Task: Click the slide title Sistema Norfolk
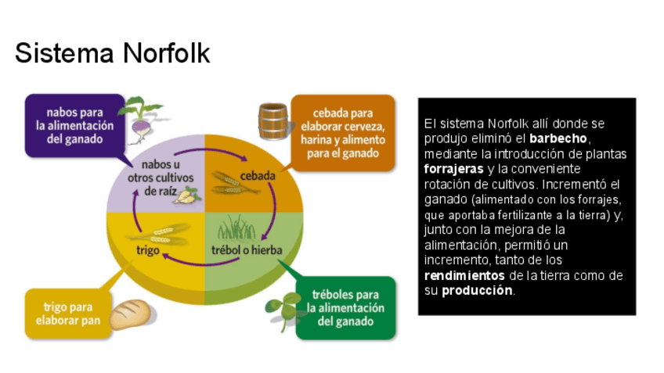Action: click(x=112, y=53)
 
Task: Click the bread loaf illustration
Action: click(x=129, y=314)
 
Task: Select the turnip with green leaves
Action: click(x=143, y=117)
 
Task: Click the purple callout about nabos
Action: click(x=75, y=125)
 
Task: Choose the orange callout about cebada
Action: click(x=341, y=132)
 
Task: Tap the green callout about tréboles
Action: click(x=347, y=308)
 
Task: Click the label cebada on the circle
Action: click(x=258, y=175)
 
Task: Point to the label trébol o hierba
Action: click(x=247, y=250)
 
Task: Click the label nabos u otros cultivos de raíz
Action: click(x=163, y=177)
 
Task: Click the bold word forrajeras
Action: click(x=453, y=169)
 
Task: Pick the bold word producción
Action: click(x=478, y=290)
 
